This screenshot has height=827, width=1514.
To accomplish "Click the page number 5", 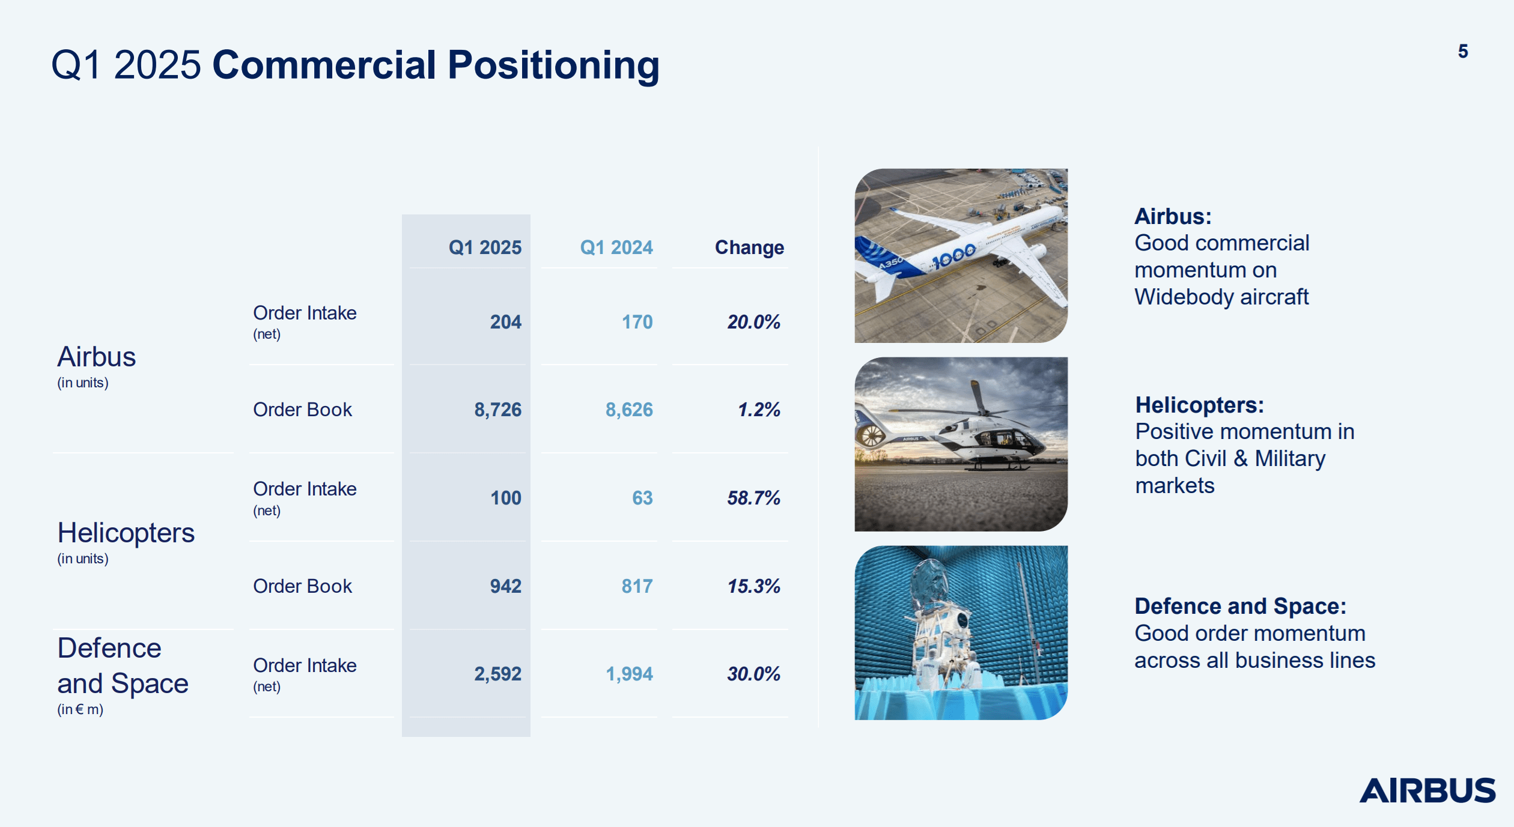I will click(1462, 52).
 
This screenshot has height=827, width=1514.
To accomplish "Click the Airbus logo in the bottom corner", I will click(1427, 790).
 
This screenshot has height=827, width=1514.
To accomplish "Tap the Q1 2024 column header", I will click(616, 247).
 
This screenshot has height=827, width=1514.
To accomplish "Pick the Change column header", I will click(749, 247).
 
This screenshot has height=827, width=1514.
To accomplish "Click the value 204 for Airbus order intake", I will click(505, 322).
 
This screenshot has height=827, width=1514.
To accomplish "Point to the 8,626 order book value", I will click(628, 410).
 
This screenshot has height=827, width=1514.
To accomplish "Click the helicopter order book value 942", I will click(505, 586).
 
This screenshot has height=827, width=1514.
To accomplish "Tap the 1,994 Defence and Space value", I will click(628, 674).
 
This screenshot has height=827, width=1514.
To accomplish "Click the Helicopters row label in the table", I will click(126, 533).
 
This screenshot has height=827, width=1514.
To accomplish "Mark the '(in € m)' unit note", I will click(80, 709).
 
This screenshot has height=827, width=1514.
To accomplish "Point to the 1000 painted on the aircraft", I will click(953, 256).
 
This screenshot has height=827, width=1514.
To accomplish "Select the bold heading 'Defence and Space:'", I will click(1240, 607).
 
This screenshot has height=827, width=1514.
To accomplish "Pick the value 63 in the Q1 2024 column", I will click(642, 498).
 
